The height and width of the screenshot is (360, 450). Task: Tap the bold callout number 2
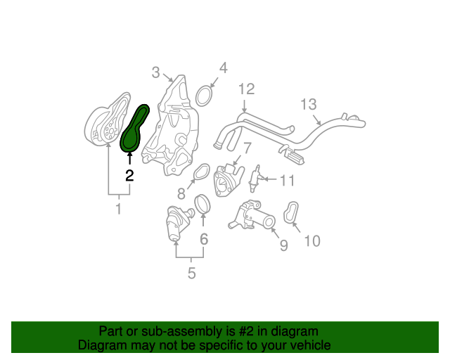pyautogui.click(x=129, y=176)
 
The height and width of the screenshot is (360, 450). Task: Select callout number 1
pyautogui.click(x=118, y=209)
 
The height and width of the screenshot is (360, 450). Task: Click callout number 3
pyautogui.click(x=155, y=72)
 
